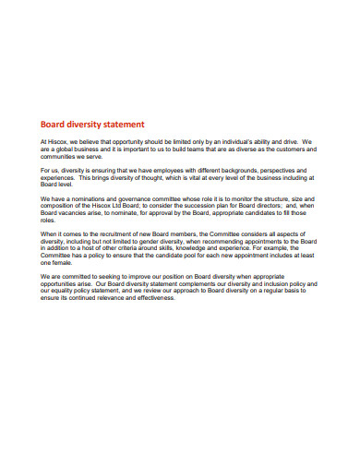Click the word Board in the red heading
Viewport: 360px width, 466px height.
[x=53, y=124]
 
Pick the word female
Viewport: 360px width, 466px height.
[x=69, y=264]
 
